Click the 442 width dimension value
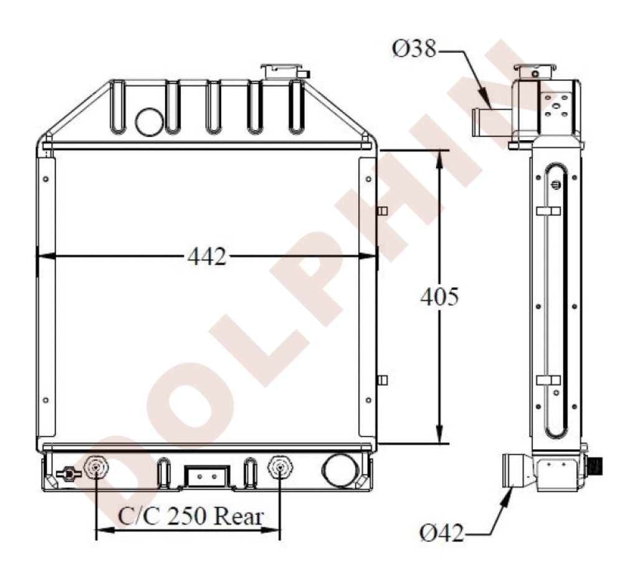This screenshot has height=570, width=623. coord(207,256)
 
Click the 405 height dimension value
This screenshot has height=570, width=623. coord(439,297)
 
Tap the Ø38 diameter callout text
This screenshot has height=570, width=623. coord(414,49)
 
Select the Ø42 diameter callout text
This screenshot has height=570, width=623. coord(441,533)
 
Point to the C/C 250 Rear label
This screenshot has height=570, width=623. coord(191,516)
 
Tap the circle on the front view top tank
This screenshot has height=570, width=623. coord(149,121)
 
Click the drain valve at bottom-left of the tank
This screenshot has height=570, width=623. coord(68,474)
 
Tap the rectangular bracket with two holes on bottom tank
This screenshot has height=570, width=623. coord(206,476)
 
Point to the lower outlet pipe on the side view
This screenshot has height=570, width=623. coord(516,472)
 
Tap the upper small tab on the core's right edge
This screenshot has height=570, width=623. coord(382,211)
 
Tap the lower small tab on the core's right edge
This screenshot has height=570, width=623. coord(382,380)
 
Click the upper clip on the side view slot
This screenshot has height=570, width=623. coord(548,211)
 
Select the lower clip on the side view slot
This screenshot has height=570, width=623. coord(548,380)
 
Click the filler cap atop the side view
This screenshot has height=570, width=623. coord(535,70)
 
